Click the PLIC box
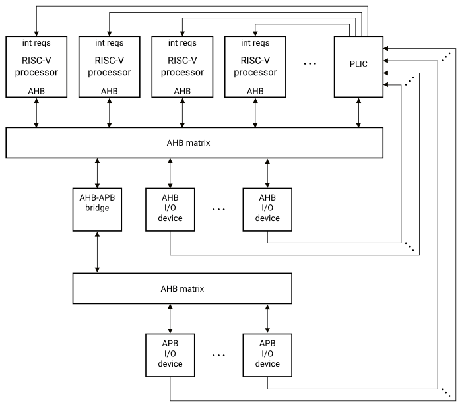(x=358, y=67)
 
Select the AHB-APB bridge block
(x=98, y=208)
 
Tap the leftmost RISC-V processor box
(x=36, y=67)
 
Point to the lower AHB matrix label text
(x=182, y=288)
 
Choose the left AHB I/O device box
(x=170, y=208)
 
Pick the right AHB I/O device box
(x=267, y=208)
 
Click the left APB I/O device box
(x=170, y=354)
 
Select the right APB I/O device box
(x=267, y=354)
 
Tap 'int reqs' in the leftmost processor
(x=36, y=44)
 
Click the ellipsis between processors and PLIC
(x=310, y=65)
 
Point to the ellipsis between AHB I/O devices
(x=219, y=209)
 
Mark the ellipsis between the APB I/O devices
(x=219, y=355)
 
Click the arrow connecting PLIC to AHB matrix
(x=358, y=113)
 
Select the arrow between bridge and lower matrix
(x=98, y=251)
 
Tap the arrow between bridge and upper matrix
(x=98, y=173)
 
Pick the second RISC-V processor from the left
(x=109, y=67)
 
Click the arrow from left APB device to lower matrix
(x=170, y=318)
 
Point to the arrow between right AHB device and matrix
(x=267, y=173)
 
